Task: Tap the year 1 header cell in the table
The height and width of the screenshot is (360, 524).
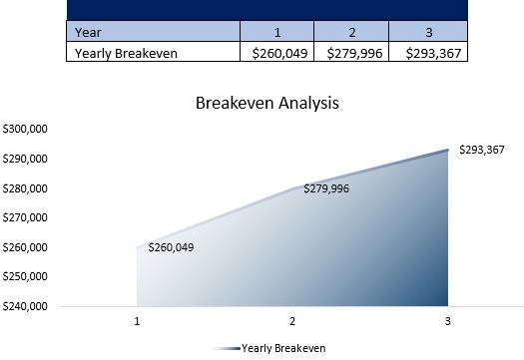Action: (x=276, y=31)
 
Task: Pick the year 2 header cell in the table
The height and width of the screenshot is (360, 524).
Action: (x=351, y=31)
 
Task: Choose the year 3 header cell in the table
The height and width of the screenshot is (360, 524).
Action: (x=428, y=31)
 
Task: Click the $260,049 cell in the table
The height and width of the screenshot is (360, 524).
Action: (x=277, y=53)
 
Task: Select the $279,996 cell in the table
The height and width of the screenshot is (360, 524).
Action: (x=351, y=53)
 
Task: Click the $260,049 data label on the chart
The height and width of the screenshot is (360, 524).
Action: (x=171, y=247)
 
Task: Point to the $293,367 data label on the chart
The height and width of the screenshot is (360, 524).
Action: (x=483, y=150)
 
